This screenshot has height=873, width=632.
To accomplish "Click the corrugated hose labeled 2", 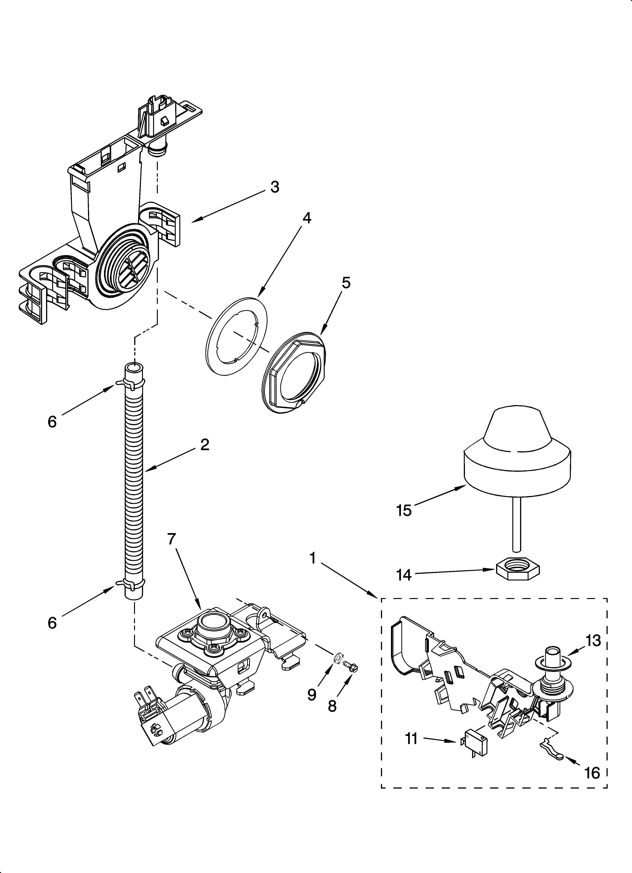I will click(x=135, y=481).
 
